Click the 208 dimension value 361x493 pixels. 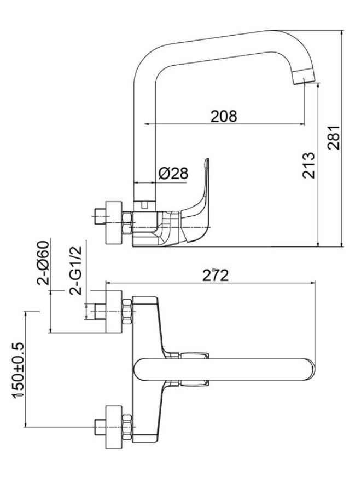point(224,116)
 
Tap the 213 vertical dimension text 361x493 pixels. point(309,165)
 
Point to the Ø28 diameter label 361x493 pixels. point(173,173)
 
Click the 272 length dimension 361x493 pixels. point(214,276)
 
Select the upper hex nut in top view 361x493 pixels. point(127,311)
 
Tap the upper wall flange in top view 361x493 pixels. point(114,310)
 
